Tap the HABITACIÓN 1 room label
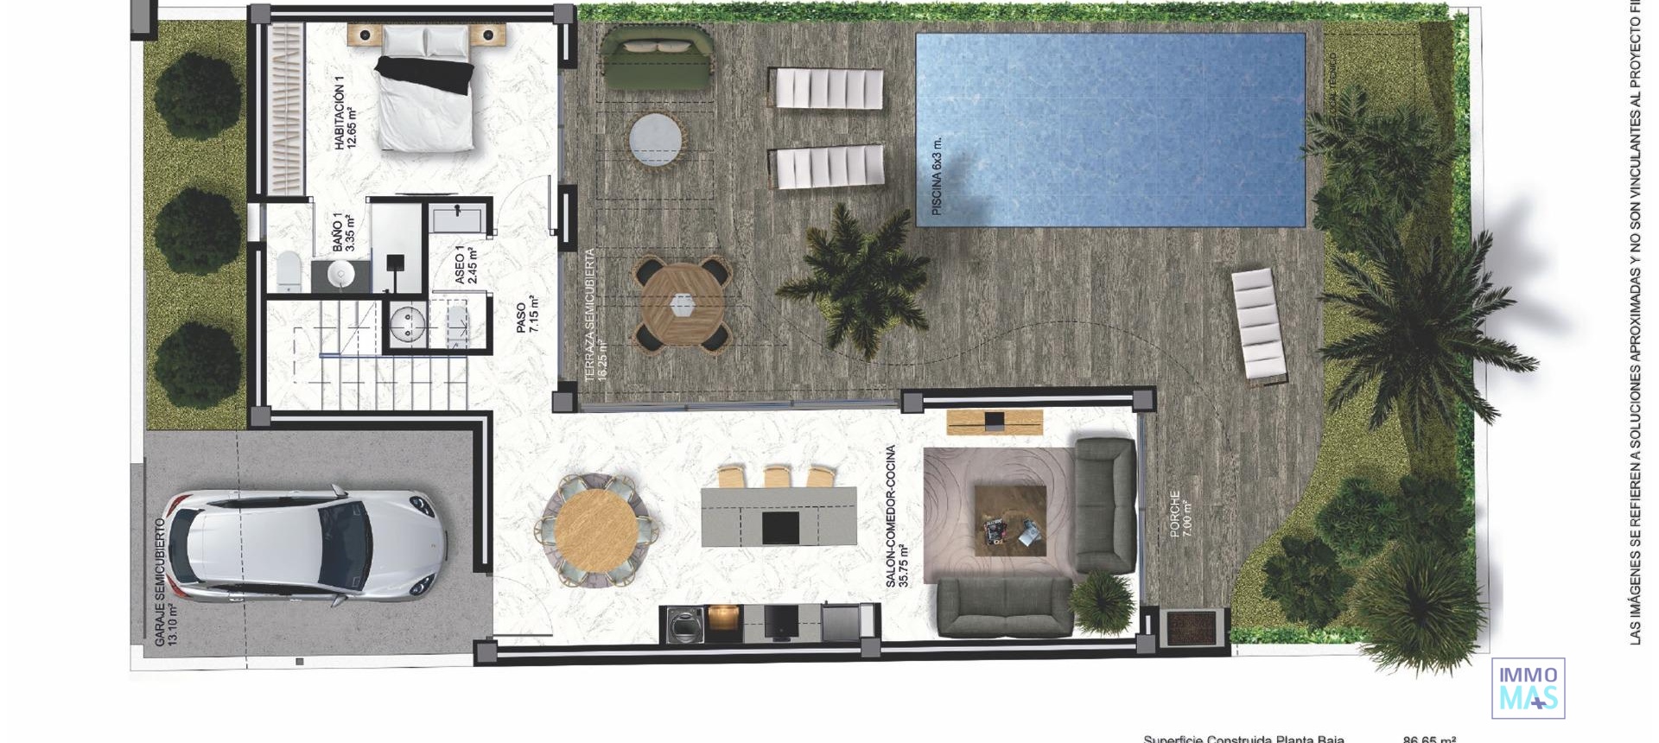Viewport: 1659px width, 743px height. tap(345, 113)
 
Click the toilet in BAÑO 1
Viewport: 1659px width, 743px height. tap(288, 270)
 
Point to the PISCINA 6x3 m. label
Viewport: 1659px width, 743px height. tap(937, 177)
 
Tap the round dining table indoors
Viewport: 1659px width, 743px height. tap(595, 529)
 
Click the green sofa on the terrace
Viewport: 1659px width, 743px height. tap(657, 59)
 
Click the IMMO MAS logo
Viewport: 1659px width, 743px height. tap(1528, 688)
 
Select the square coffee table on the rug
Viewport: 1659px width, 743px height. tap(1010, 520)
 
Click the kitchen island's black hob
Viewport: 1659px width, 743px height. tap(780, 527)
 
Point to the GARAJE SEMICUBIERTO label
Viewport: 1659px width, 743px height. tap(164, 582)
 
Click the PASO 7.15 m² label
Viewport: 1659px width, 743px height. tap(527, 316)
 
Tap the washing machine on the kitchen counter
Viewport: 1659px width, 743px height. tap(685, 625)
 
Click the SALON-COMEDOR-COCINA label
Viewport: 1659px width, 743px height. tap(897, 517)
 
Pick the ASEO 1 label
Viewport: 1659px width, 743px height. tap(466, 264)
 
